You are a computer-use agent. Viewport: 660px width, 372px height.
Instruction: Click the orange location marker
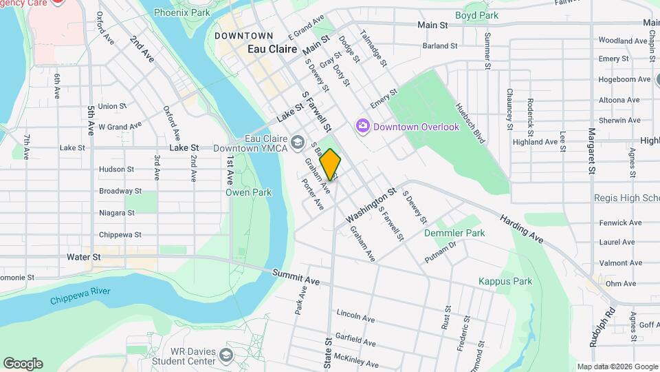tap(331, 164)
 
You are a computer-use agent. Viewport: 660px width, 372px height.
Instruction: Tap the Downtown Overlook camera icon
tap(362, 126)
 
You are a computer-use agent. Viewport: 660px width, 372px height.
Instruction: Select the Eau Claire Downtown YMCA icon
tap(297, 142)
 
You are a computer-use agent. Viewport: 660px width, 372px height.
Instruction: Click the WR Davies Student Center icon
tap(228, 355)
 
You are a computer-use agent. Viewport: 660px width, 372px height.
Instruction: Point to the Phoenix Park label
tap(181, 12)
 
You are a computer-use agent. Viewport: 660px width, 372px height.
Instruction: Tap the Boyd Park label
tap(476, 14)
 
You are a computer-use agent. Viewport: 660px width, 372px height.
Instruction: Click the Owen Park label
tap(241, 192)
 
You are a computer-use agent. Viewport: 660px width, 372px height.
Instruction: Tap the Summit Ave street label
tap(296, 277)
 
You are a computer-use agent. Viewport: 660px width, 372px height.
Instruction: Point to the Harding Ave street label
tap(522, 227)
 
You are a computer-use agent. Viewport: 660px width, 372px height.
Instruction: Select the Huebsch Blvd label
tap(471, 123)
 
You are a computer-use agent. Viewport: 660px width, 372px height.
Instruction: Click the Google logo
tap(23, 364)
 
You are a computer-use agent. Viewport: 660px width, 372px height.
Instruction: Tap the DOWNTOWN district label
tap(243, 36)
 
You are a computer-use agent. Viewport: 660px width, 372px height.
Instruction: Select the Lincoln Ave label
tap(355, 316)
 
